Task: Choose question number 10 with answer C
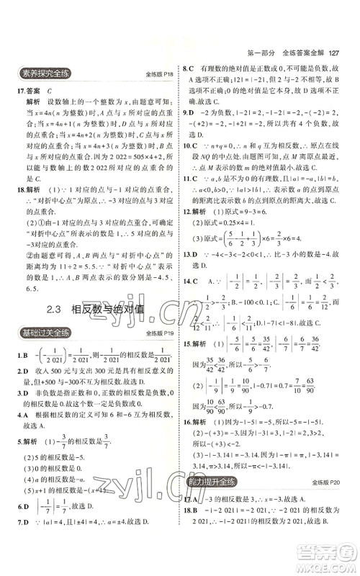click(189, 144)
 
